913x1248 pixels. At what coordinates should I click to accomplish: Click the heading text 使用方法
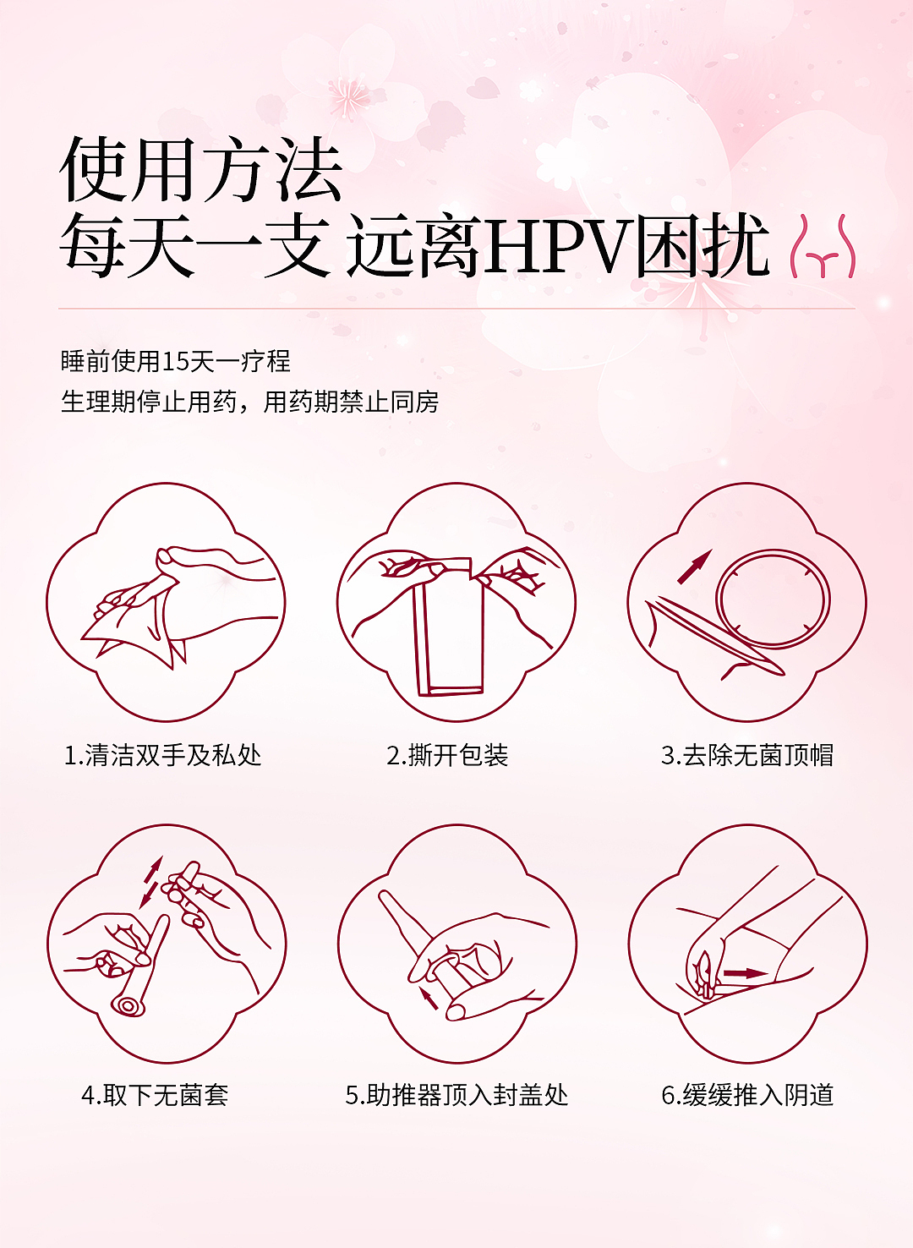point(201,170)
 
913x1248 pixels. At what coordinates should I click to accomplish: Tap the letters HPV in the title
point(558,247)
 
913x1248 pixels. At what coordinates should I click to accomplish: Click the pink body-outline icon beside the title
point(822,248)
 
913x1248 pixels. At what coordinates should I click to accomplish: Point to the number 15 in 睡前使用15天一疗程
point(175,362)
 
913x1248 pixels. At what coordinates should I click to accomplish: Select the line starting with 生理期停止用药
point(249,402)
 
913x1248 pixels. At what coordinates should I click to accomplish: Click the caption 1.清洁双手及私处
point(163,755)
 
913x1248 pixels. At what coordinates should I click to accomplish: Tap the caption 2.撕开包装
point(447,755)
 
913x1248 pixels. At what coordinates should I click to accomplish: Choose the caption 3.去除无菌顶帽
point(747,755)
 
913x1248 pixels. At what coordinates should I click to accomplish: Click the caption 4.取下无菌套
point(155,1095)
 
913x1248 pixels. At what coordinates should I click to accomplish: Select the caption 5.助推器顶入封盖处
point(456,1095)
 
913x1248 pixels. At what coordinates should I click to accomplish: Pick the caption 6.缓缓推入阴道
point(747,1095)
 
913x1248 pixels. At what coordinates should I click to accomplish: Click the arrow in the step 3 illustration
point(694,567)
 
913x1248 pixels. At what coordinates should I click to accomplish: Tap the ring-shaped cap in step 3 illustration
point(773,599)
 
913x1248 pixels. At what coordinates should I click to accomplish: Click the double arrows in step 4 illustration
point(151,880)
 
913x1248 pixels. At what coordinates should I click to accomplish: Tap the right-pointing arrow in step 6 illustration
point(744,973)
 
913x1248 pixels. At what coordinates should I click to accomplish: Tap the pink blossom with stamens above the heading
point(347,96)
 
